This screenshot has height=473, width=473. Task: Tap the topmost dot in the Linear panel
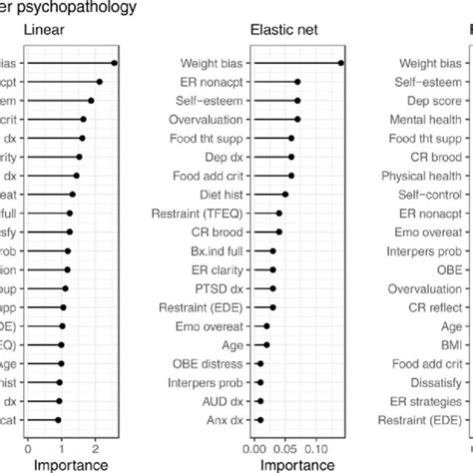point(115,63)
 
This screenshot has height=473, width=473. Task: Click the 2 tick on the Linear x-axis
point(94,448)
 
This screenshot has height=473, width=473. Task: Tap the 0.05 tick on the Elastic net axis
point(285,448)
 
